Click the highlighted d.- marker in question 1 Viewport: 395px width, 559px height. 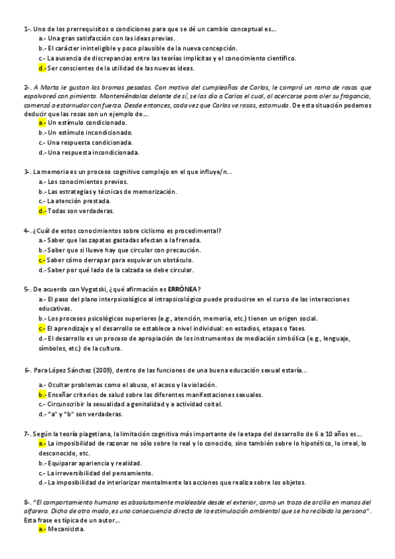(42, 68)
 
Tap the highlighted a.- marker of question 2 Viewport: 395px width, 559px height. (42, 123)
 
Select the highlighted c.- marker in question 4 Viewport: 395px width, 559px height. (42, 260)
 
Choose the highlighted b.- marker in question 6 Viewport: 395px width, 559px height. (42, 395)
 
